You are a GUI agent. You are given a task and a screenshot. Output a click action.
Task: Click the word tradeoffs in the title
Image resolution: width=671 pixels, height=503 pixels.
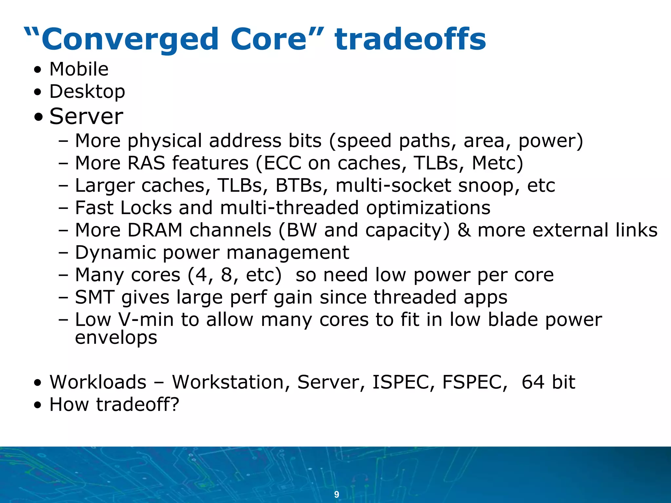click(410, 39)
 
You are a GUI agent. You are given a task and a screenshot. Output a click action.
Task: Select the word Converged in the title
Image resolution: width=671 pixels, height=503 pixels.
click(130, 39)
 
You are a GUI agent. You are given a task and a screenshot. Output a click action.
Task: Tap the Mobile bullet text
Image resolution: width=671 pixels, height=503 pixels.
click(79, 69)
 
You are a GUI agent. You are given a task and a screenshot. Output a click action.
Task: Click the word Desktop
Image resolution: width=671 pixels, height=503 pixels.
click(87, 91)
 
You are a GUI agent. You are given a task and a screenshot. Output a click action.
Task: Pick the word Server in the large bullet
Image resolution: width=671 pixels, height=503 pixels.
click(86, 116)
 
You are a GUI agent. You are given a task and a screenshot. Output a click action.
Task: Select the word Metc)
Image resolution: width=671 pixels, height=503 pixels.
click(497, 163)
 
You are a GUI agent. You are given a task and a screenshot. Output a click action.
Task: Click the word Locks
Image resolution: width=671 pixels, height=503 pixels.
click(146, 208)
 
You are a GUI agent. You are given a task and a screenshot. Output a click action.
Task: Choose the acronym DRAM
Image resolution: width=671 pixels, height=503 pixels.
click(155, 230)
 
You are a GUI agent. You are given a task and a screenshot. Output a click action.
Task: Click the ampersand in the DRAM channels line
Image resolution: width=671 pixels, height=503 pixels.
click(464, 230)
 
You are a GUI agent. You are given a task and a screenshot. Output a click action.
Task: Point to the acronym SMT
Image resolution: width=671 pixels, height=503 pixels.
click(95, 297)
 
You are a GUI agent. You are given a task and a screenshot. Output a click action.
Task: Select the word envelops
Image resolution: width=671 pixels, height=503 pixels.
click(116, 337)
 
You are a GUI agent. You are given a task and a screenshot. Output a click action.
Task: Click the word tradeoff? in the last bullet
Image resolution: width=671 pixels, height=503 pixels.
click(138, 404)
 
